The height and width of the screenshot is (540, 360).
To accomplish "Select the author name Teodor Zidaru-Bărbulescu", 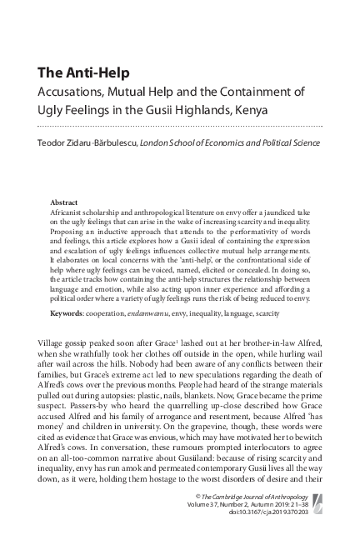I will (x=88, y=142).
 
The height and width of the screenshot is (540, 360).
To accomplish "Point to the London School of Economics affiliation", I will (x=230, y=142).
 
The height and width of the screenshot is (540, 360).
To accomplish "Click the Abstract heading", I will (x=64, y=202).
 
